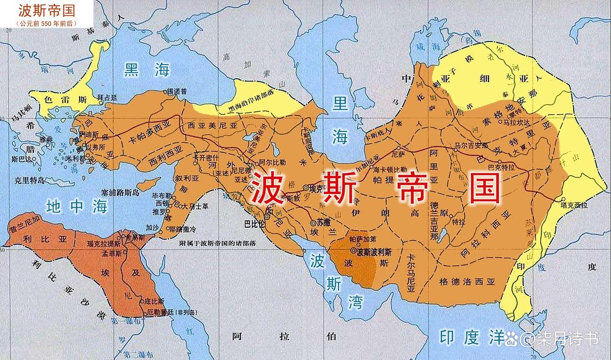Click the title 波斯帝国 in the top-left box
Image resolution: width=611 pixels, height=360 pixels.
tap(40, 11)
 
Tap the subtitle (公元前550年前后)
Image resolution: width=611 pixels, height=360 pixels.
tap(40, 23)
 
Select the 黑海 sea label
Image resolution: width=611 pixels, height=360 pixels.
tap(147, 70)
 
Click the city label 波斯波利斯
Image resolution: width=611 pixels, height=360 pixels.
tap(375, 252)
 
